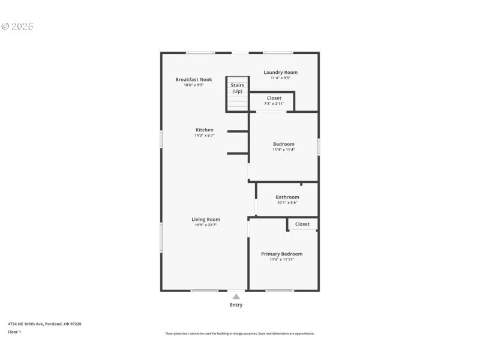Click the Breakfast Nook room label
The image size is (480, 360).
[x=193, y=79]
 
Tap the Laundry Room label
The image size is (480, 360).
[x=280, y=72]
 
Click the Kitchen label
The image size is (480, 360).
[x=204, y=130]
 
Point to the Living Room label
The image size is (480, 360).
[x=206, y=219]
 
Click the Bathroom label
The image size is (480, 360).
[x=287, y=197]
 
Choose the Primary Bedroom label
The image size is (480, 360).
[x=281, y=254]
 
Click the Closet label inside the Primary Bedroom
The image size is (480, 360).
[x=302, y=224]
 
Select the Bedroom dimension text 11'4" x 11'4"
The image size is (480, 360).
[x=283, y=149]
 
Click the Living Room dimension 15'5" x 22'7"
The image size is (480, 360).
[x=206, y=225]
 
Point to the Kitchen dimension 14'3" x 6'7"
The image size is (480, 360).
[x=204, y=136]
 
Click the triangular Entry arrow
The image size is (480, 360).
[x=236, y=296]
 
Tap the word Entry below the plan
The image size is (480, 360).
[x=236, y=305]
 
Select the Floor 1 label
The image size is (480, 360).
[x=14, y=332]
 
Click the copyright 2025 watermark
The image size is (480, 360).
[x=17, y=26]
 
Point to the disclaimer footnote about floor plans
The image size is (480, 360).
[x=239, y=334]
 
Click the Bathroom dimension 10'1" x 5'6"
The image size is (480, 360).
[x=287, y=203]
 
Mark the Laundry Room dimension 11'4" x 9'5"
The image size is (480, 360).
[x=280, y=78]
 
